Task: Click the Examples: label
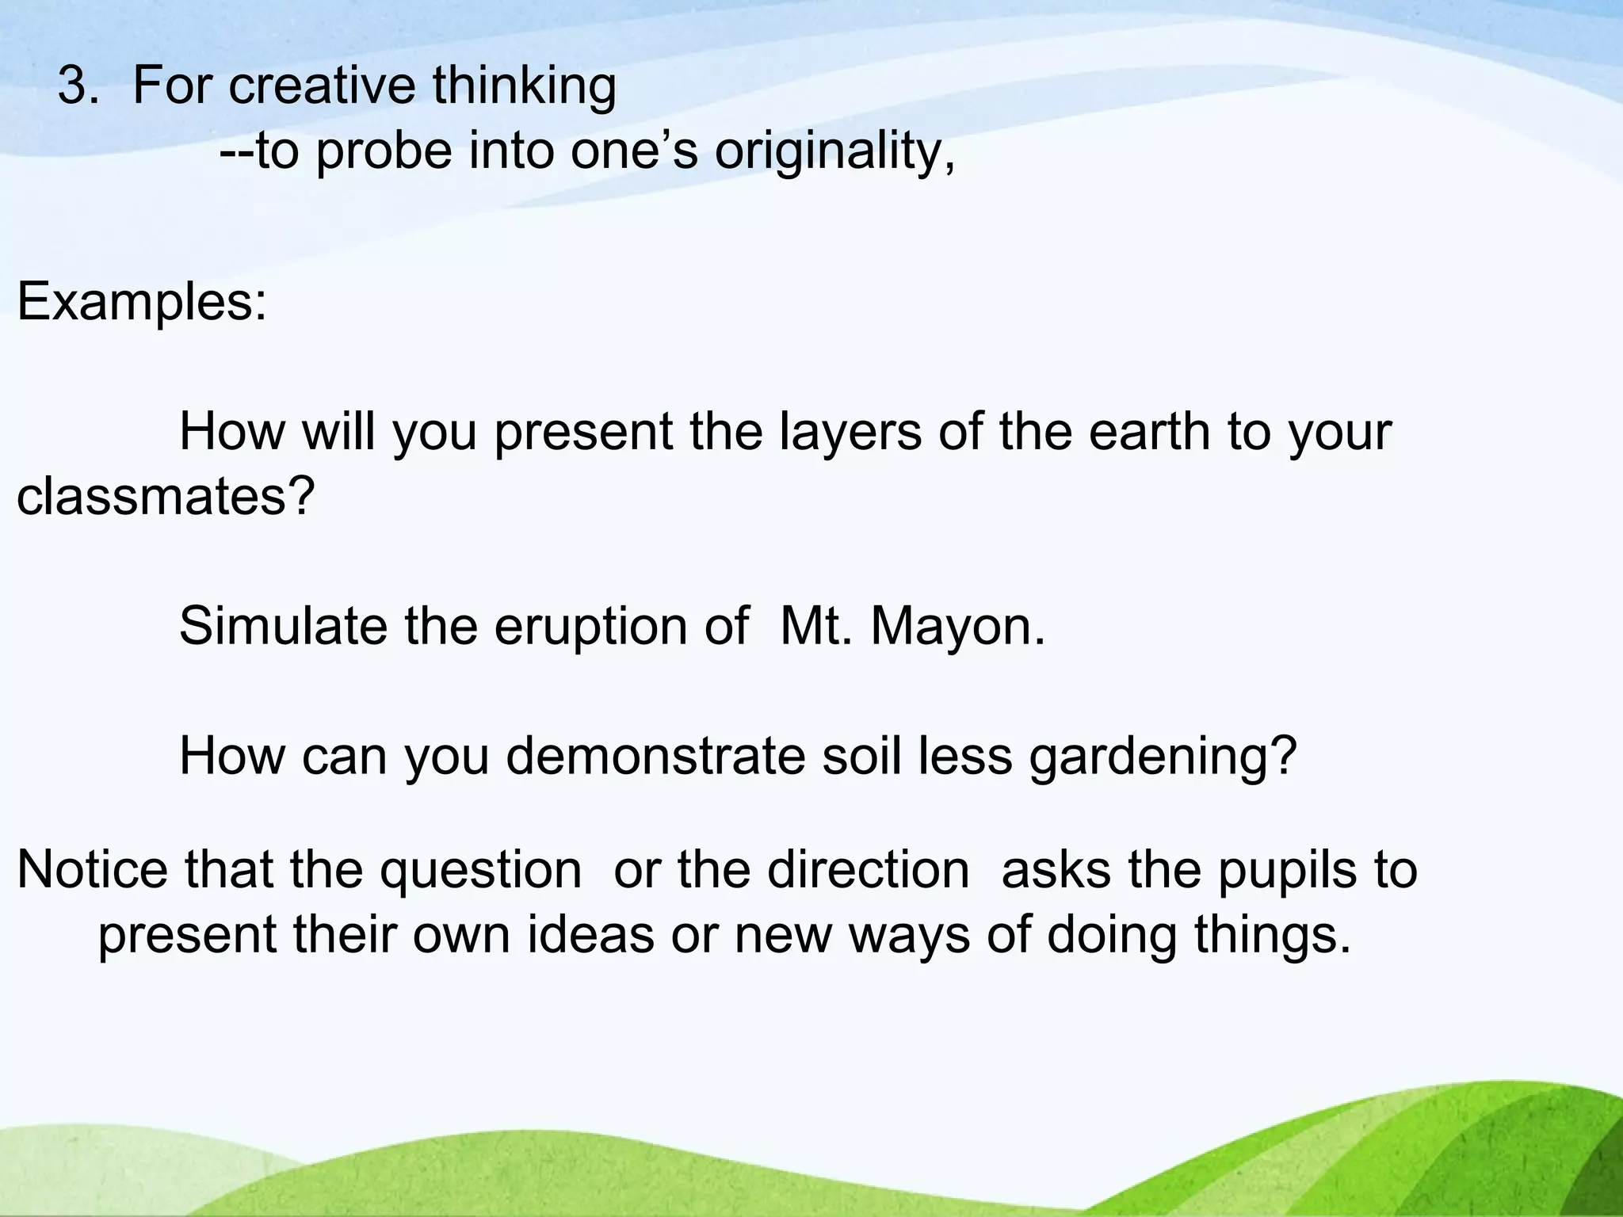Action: (x=143, y=302)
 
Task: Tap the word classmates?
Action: (x=166, y=497)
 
